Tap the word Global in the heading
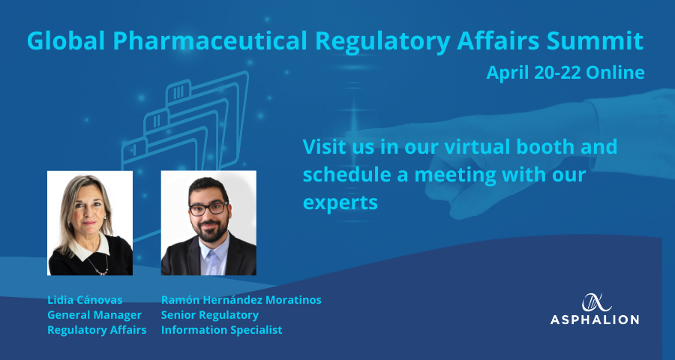coord(67,40)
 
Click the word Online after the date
coord(615,72)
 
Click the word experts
coord(340,202)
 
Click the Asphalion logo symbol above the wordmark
coord(597,302)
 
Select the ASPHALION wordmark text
coord(595,319)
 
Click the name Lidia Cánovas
coord(85,300)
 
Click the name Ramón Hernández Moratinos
coord(241,300)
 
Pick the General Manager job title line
coord(94,315)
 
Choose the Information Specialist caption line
coord(222,330)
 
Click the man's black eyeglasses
coord(208,208)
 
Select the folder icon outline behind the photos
coord(185,125)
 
